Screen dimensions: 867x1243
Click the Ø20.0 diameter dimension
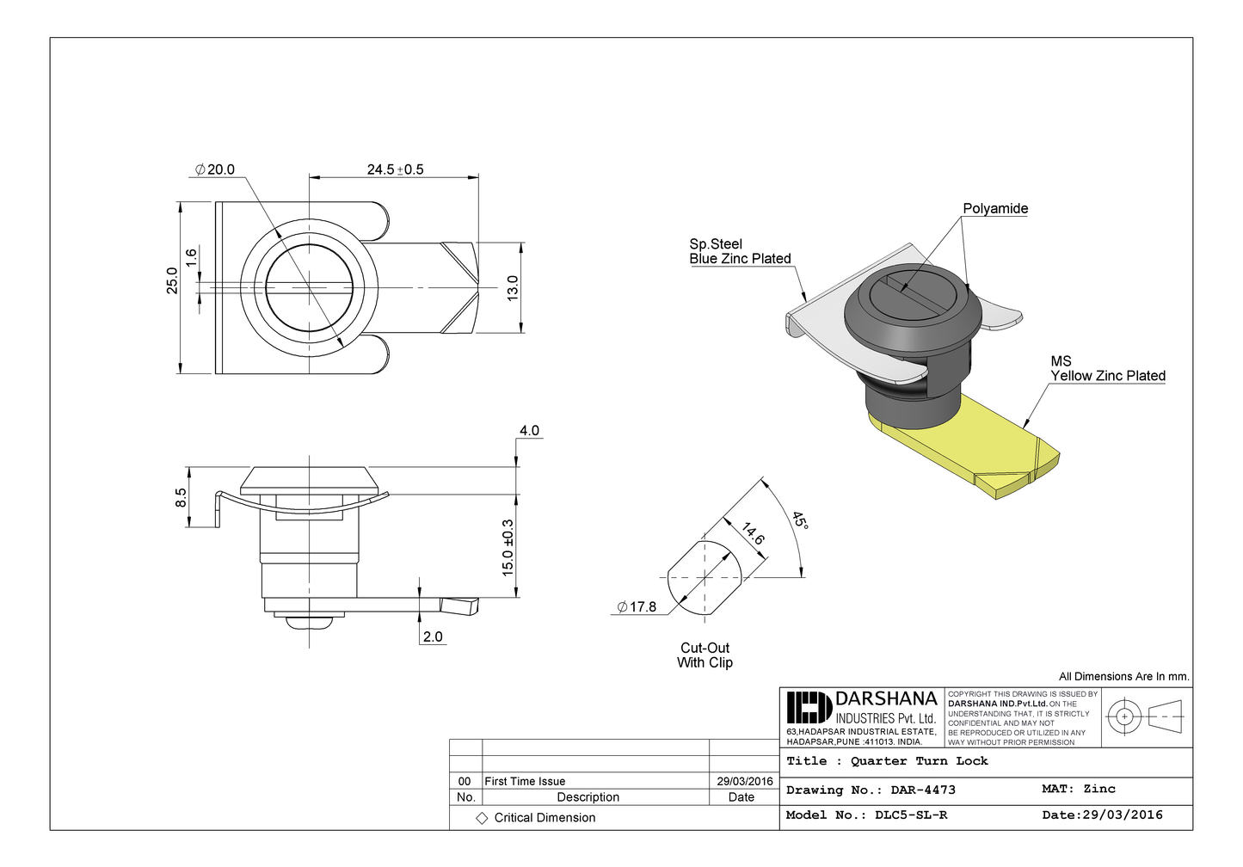click(215, 169)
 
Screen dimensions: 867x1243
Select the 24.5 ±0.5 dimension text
click(395, 169)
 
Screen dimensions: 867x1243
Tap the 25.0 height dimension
click(172, 280)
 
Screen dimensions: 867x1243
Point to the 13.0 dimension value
click(513, 287)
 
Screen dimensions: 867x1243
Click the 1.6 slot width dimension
click(191, 256)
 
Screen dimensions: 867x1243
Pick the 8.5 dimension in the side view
click(181, 497)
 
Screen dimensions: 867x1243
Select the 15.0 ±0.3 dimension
click(508, 547)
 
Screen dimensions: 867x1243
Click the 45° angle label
click(800, 521)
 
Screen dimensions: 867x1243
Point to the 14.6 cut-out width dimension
click(753, 534)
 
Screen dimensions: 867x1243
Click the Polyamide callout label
click(995, 209)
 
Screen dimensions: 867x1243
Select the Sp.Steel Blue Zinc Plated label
click(740, 251)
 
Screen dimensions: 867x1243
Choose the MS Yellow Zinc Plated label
click(1107, 369)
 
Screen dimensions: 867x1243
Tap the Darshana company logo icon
click(809, 707)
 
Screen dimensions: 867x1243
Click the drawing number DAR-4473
click(922, 790)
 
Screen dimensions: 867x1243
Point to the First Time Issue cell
click(525, 781)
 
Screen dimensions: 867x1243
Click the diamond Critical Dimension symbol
click(482, 818)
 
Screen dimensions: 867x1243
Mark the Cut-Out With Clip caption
click(705, 655)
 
